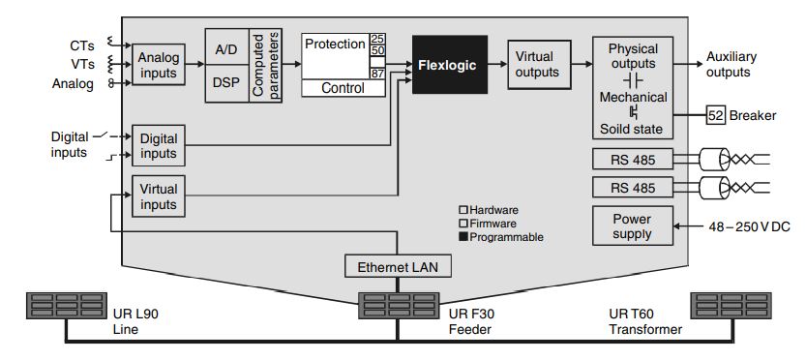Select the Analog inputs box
pos(158,65)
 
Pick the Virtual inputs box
pos(158,197)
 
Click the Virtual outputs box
pos(538,65)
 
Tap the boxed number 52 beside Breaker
pos(716,115)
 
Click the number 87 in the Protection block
pos(377,74)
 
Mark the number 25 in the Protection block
pos(377,39)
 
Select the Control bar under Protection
pos(343,88)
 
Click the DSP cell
pos(225,83)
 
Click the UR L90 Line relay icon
pos(67,307)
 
